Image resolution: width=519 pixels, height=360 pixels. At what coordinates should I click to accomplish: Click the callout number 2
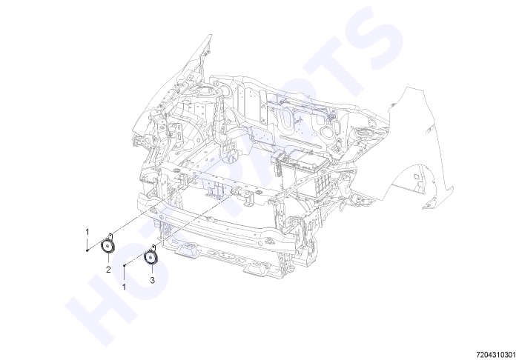108,270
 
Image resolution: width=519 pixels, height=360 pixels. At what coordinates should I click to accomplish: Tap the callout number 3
152,280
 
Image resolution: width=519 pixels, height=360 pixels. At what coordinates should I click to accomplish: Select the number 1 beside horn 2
87,232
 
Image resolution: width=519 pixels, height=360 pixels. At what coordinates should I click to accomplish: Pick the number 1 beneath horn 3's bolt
124,287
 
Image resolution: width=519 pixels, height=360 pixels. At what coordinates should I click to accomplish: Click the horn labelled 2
108,246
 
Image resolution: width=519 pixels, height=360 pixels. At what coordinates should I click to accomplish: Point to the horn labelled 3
151,257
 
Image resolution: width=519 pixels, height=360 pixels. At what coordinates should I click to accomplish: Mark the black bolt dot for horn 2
87,250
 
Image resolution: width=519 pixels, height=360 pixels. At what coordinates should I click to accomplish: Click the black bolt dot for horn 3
124,265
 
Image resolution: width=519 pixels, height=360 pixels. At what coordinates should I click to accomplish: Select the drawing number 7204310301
497,354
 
